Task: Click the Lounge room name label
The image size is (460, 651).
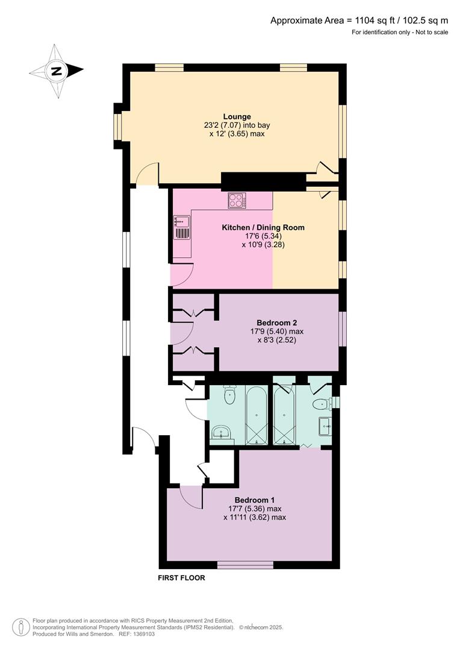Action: (x=237, y=116)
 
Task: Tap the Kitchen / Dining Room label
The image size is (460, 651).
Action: (x=263, y=227)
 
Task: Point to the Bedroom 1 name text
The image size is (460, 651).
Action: (x=255, y=500)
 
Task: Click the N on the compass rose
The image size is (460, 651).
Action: (x=57, y=71)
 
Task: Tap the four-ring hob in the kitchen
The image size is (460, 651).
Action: (x=237, y=201)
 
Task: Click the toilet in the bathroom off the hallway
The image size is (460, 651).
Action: (x=229, y=395)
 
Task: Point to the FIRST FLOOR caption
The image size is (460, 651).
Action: (x=181, y=577)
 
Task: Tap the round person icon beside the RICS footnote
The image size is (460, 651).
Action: (x=21, y=627)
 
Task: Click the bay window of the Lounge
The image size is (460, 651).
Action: (x=118, y=125)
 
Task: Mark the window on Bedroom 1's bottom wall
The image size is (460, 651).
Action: (x=245, y=565)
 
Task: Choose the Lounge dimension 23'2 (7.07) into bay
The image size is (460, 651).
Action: (x=237, y=125)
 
